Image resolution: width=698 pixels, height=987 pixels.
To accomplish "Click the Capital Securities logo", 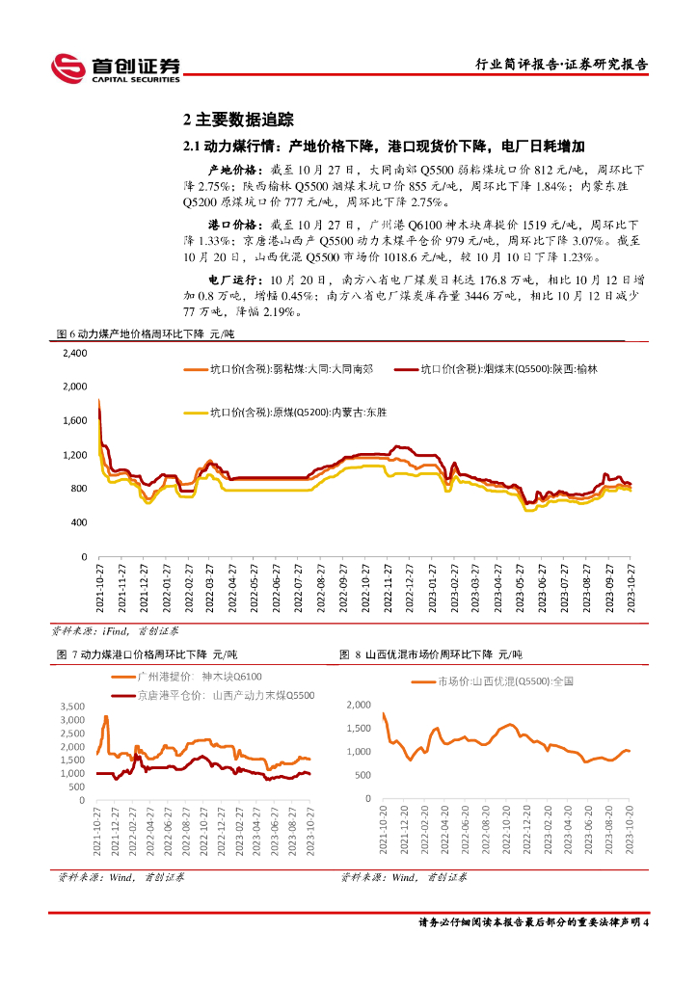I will coord(115,67).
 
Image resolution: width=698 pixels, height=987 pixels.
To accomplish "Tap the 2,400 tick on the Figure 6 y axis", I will coord(74,354).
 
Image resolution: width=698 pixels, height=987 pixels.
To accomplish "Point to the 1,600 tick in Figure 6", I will coord(74,421).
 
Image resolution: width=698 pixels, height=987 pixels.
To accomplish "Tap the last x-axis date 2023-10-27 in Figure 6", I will coord(631,588).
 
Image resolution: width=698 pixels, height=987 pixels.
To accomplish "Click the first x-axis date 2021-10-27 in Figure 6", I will coord(100,588).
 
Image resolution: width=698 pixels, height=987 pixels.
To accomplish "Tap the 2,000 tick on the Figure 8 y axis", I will coord(358,705).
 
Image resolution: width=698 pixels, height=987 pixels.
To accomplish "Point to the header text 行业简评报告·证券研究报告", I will coord(563,65).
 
